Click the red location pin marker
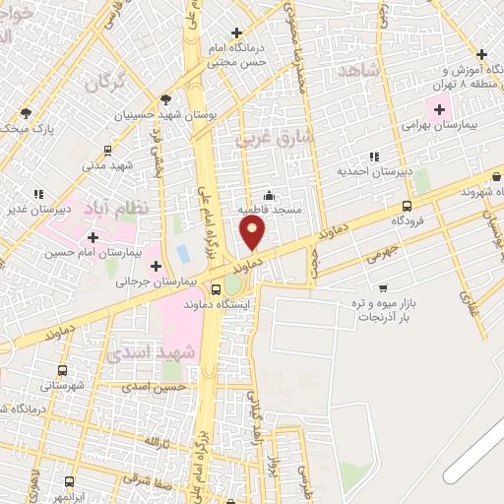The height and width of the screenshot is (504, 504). coord(253,233)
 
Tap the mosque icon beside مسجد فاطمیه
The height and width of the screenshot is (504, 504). coord(269,195)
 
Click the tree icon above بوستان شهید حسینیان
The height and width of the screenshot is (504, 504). coord(164,98)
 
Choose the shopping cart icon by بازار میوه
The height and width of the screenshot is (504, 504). coord(382,288)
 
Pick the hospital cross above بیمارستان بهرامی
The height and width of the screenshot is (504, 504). coord(439,108)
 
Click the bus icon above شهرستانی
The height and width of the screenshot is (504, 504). coord(64,371)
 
